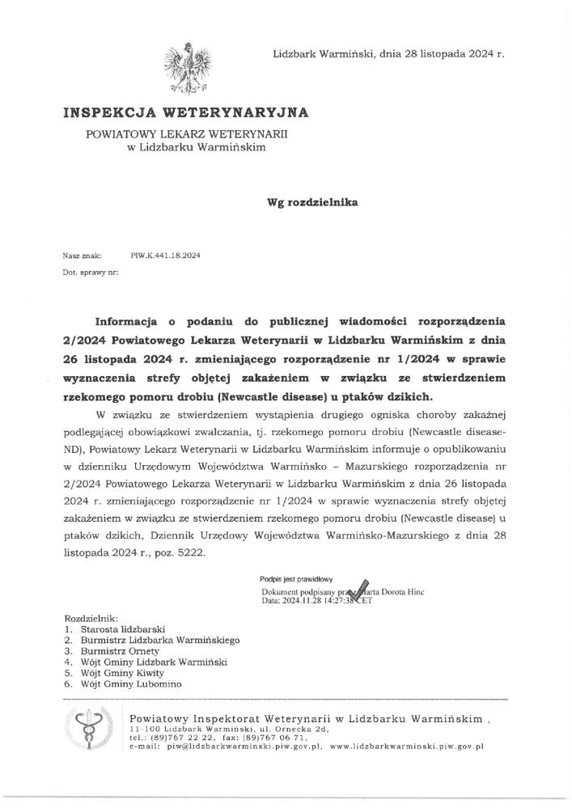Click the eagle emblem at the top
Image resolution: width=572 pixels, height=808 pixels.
click(x=184, y=67)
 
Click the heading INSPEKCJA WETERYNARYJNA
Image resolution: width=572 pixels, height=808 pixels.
click(x=185, y=113)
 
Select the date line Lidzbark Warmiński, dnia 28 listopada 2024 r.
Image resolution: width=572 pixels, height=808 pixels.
click(x=388, y=53)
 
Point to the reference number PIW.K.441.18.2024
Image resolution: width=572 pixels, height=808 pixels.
click(x=165, y=256)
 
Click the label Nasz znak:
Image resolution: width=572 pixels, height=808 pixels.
click(x=78, y=256)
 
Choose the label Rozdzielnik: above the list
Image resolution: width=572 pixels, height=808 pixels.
click(x=91, y=617)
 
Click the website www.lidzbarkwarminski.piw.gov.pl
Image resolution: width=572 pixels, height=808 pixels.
click(x=406, y=747)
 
